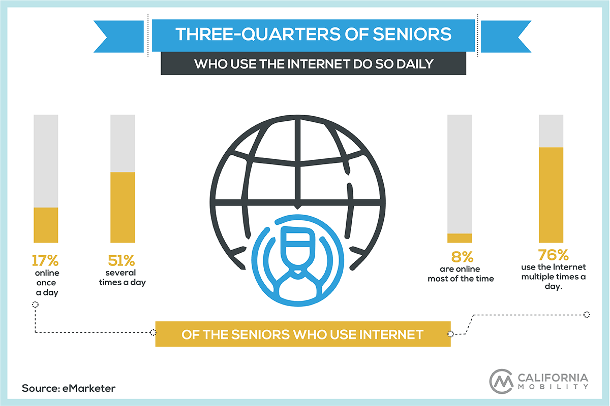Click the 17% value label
pyautogui.click(x=45, y=260)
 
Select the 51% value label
pyautogui.click(x=121, y=260)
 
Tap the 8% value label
pyautogui.click(x=463, y=257)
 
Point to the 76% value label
pyautogui.click(x=554, y=255)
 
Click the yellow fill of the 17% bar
pyautogui.click(x=46, y=225)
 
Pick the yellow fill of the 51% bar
pyautogui.click(x=123, y=207)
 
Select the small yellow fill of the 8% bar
pyautogui.click(x=460, y=238)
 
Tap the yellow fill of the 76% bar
pyautogui.click(x=551, y=195)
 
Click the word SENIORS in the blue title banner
pyautogui.click(x=412, y=35)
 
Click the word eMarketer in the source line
pyautogui.click(x=89, y=388)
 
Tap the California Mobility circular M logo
pyautogui.click(x=501, y=381)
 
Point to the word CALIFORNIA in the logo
pyautogui.click(x=553, y=378)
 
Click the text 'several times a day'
pyautogui.click(x=123, y=278)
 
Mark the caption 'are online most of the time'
pyautogui.click(x=461, y=274)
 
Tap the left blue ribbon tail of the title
pyautogui.click(x=119, y=37)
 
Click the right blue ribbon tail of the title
pyautogui.click(x=506, y=37)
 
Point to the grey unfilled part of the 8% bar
pyautogui.click(x=460, y=174)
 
